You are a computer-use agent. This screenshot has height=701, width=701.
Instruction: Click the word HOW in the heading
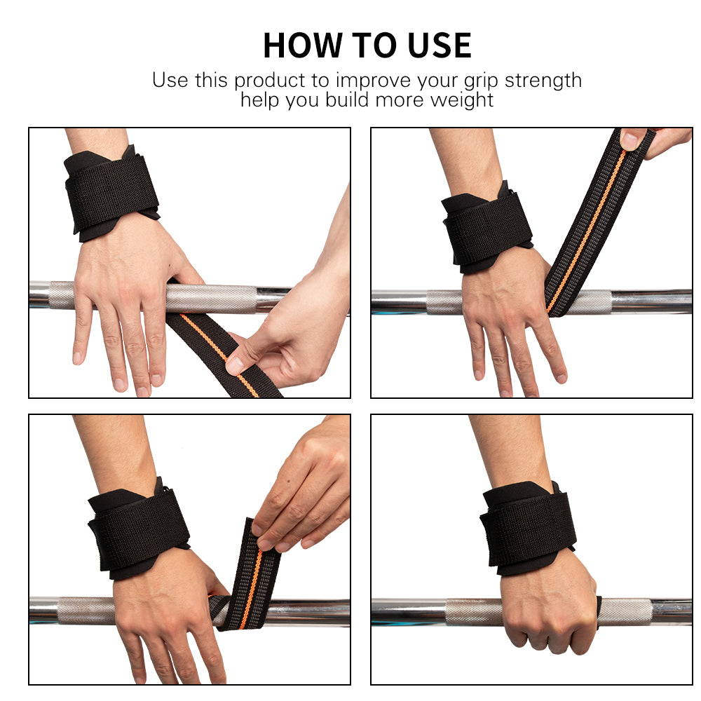tap(303, 46)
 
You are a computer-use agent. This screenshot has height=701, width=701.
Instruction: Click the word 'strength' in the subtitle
tap(543, 81)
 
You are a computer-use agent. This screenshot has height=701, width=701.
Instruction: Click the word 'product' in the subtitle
tap(270, 81)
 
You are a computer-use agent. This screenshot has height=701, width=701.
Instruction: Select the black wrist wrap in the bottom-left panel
tap(139, 529)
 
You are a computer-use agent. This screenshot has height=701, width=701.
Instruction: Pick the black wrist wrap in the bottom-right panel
tap(528, 528)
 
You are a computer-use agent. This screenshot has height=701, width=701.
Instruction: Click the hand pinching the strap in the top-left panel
tap(288, 331)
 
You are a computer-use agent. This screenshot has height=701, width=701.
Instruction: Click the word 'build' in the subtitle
tap(348, 100)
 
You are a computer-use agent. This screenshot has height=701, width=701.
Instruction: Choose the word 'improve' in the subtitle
tap(374, 82)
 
